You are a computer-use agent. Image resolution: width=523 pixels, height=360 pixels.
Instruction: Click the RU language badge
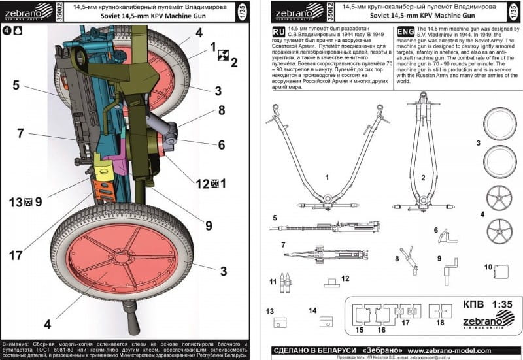pyautogui.click(x=277, y=31)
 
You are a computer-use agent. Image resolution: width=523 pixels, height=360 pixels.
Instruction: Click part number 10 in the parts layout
pyautogui.click(x=488, y=267)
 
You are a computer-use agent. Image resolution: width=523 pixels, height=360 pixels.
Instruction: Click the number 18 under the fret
pyautogui.click(x=440, y=322)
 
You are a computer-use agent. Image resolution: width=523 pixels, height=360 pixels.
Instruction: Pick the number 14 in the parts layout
pyautogui.click(x=312, y=310)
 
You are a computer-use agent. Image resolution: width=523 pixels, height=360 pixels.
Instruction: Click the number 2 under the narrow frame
pyautogui.click(x=423, y=177)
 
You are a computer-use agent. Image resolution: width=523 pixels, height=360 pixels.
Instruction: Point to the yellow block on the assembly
pyautogui.click(x=103, y=169)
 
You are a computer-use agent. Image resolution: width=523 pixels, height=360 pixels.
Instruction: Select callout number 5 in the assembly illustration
pyautogui.click(x=16, y=84)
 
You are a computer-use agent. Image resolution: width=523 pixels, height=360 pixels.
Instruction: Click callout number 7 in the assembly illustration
pyautogui.click(x=21, y=133)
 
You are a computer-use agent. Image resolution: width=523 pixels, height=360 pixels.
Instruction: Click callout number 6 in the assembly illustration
pyautogui.click(x=221, y=145)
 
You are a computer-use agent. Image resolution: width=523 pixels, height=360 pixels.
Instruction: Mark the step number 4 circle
pyautogui.click(x=7, y=29)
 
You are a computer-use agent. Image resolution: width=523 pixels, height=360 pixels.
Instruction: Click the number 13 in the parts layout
pyautogui.click(x=269, y=310)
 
